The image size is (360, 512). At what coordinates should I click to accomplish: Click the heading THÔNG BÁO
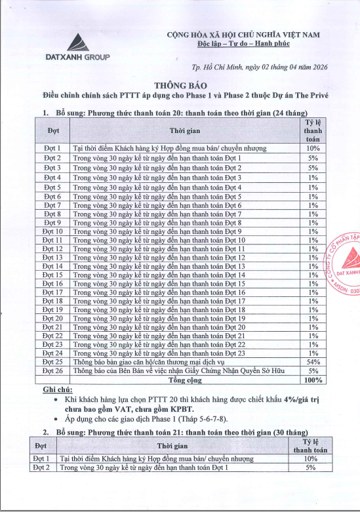tap(179, 85)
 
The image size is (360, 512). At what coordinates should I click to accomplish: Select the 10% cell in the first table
tap(313, 149)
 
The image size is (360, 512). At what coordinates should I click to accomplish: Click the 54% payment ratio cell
tap(313, 361)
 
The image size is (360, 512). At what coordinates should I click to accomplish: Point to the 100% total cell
tap(313, 380)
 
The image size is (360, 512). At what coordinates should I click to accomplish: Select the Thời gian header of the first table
tap(185, 131)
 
